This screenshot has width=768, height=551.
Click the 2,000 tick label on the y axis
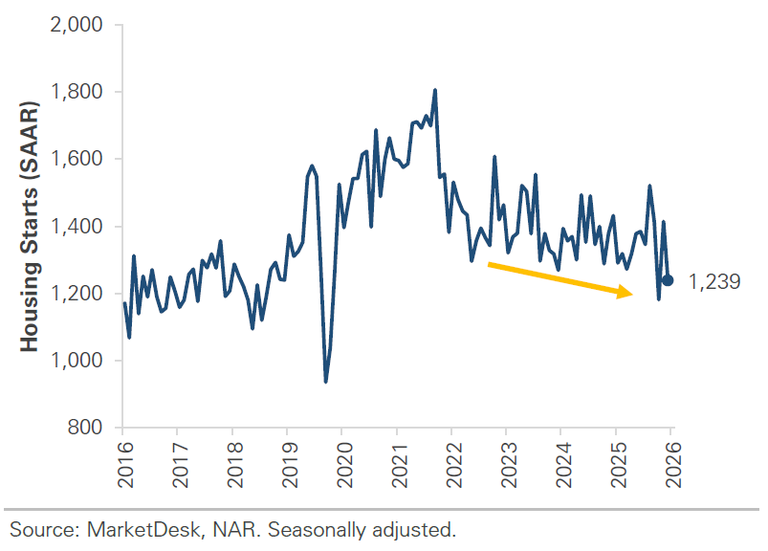(x=77, y=25)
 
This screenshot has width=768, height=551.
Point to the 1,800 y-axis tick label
(x=77, y=92)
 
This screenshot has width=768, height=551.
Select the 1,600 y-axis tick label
(x=77, y=159)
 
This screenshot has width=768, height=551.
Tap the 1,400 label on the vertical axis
(x=77, y=227)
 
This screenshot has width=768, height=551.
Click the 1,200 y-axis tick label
(x=77, y=294)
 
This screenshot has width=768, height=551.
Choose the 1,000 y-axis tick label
(x=77, y=361)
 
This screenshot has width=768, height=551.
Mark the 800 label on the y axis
(x=85, y=428)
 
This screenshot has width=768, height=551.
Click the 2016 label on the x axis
(x=126, y=464)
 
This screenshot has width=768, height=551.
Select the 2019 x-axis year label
(x=291, y=464)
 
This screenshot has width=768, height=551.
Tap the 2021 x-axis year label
(x=400, y=464)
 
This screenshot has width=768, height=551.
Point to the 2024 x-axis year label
(x=564, y=464)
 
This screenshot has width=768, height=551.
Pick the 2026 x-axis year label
(x=674, y=464)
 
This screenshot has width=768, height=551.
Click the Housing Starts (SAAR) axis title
(x=29, y=227)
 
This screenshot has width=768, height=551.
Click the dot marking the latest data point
(x=668, y=280)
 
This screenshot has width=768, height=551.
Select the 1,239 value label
(x=714, y=281)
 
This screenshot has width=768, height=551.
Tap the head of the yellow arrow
(x=633, y=295)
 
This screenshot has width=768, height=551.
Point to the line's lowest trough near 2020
(x=326, y=382)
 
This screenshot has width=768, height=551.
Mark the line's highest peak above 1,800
(x=435, y=90)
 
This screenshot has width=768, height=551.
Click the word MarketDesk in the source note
(x=143, y=530)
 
